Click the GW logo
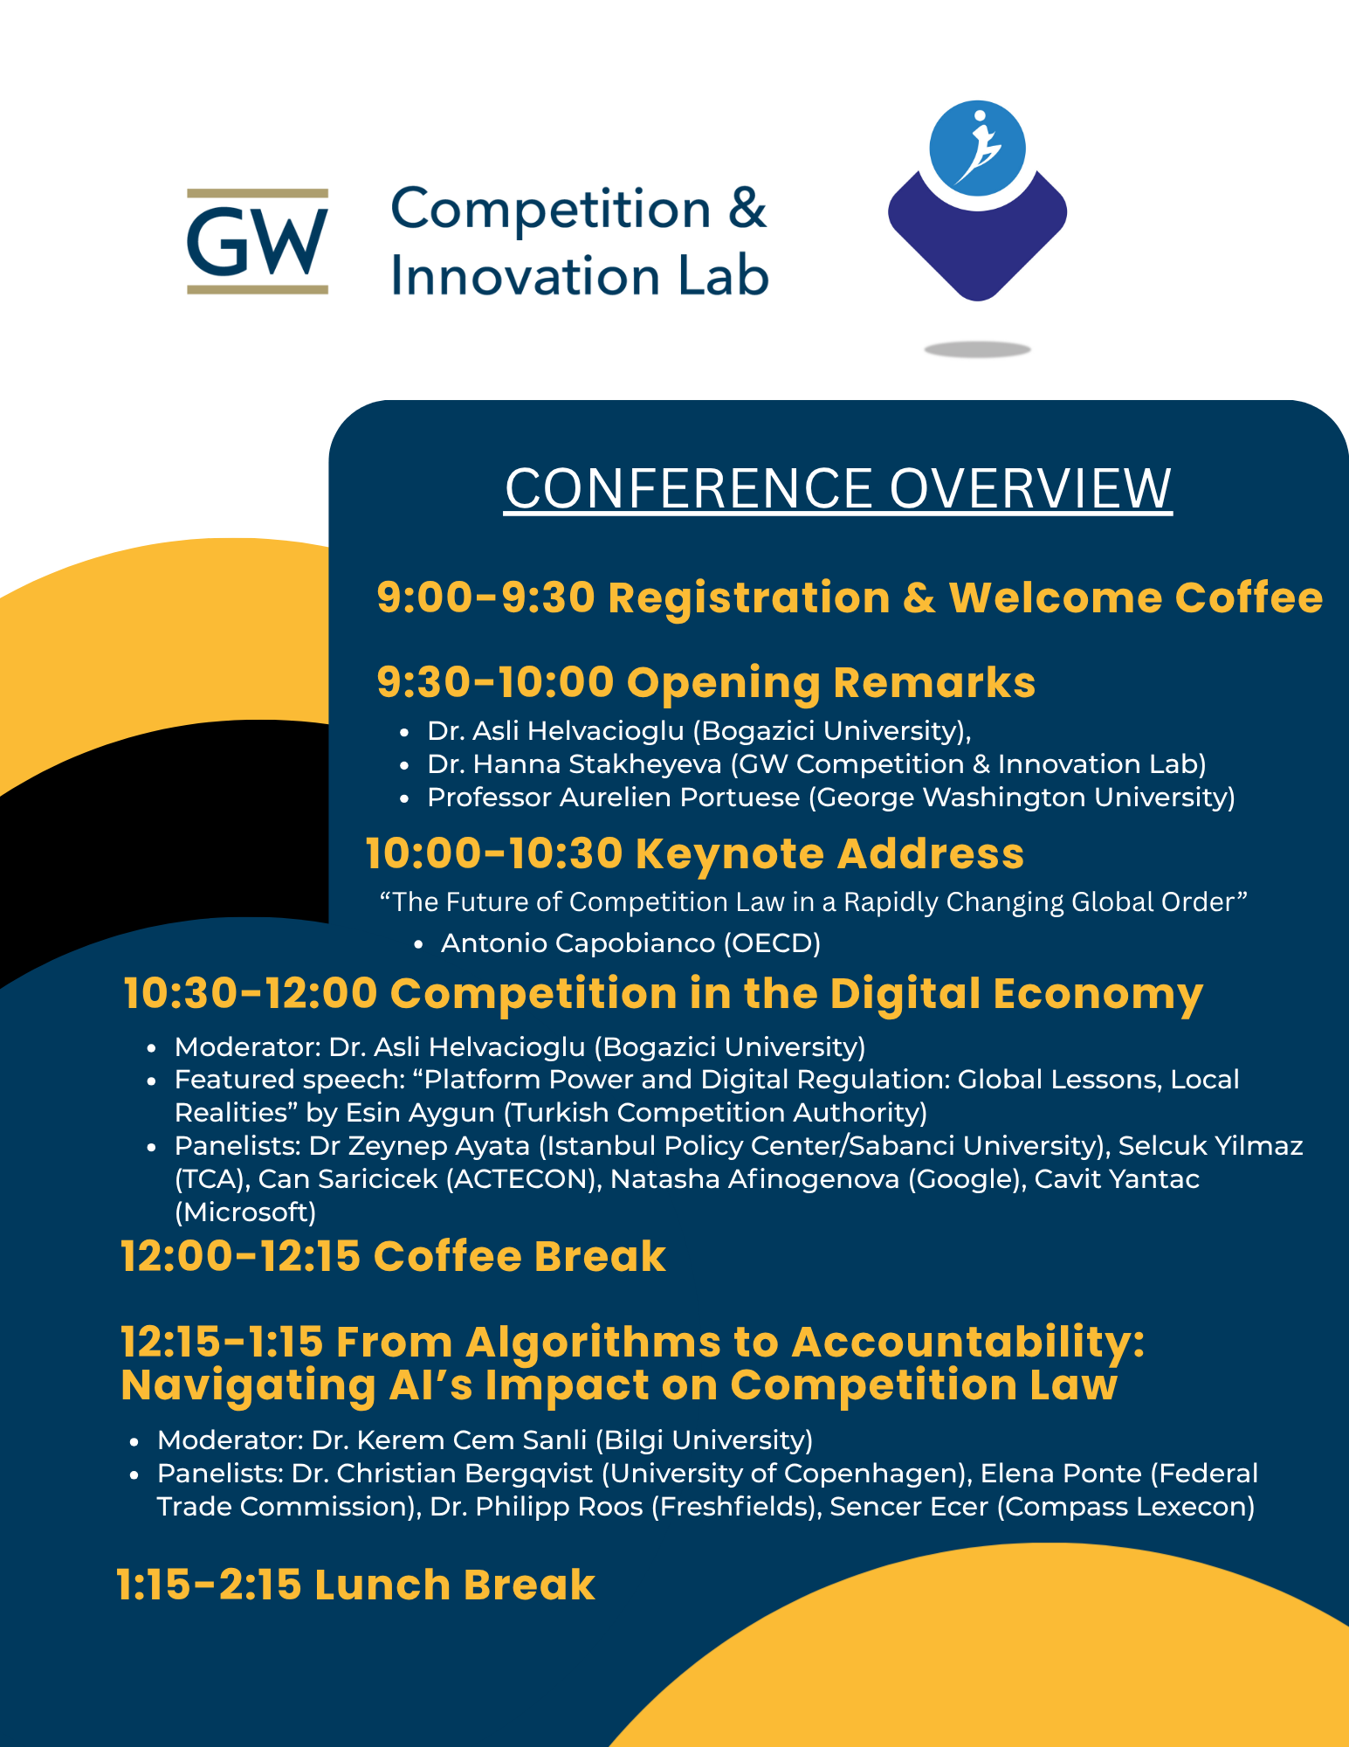point(258,241)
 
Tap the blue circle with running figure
point(977,148)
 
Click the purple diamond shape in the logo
point(977,236)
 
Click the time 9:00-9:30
point(485,598)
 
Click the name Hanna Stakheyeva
point(597,764)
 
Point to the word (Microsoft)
point(245,1212)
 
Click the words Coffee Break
point(520,1256)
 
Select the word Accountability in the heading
point(967,1342)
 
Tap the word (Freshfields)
point(736,1507)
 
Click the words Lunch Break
point(455,1585)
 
